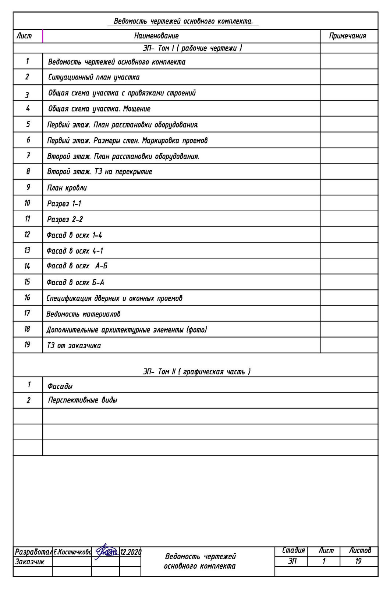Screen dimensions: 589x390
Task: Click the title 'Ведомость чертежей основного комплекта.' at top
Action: tap(183, 21)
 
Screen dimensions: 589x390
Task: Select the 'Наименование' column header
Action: tap(156, 36)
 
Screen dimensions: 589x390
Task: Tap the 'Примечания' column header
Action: tap(348, 36)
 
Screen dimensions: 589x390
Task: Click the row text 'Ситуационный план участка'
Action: tap(94, 77)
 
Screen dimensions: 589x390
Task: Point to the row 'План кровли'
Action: tap(67, 188)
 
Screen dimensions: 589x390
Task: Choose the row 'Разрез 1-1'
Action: tap(64, 204)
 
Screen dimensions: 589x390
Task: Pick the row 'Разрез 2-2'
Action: tap(65, 219)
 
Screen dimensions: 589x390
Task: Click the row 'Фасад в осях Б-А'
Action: tap(75, 282)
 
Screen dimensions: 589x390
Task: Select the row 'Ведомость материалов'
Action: tap(83, 314)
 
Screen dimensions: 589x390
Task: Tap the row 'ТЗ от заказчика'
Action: tap(74, 346)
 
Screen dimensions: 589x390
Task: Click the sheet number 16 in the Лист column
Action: tap(27, 297)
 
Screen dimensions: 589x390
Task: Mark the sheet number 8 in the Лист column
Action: tap(28, 172)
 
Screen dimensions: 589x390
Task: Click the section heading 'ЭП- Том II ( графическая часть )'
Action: tap(196, 372)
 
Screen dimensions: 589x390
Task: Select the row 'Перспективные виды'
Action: tap(82, 400)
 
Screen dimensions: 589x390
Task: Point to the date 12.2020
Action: tap(131, 552)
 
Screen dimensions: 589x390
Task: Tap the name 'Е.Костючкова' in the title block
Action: tap(72, 552)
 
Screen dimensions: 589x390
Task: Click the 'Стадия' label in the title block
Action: tap(293, 551)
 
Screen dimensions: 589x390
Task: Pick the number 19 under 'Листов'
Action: tap(358, 561)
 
